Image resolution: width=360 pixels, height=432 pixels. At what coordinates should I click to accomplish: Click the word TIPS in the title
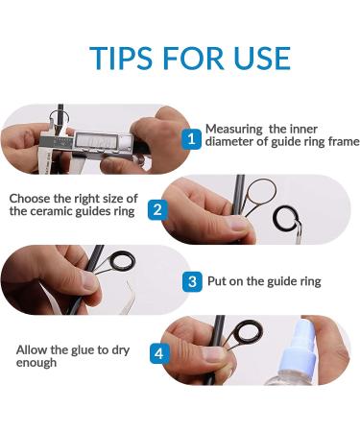coord(121,59)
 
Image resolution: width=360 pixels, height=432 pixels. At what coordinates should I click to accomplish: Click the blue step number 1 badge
coord(191,139)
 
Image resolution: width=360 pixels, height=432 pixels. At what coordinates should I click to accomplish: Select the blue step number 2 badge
coord(157,210)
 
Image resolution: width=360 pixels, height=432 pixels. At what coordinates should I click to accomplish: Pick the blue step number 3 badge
coord(192,281)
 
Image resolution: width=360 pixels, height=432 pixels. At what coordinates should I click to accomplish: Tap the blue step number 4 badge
coord(159,353)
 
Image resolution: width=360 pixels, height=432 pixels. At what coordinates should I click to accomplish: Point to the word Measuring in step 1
coord(233,130)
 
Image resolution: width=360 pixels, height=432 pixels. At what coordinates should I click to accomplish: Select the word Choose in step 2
coord(30,199)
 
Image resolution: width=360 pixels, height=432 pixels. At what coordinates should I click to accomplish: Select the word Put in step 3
coord(217,281)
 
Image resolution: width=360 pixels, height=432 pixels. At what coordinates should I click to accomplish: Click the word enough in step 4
coord(36,363)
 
